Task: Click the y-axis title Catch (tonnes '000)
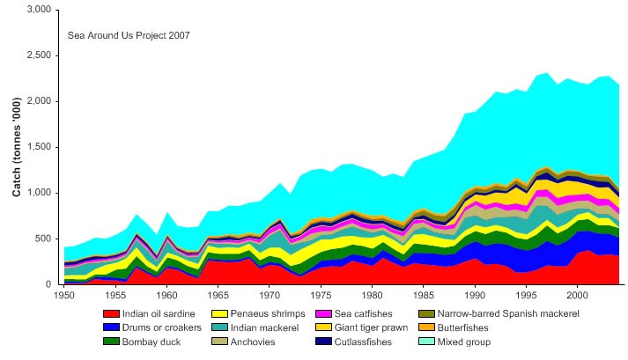point(18,147)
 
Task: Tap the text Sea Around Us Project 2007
point(129,36)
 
